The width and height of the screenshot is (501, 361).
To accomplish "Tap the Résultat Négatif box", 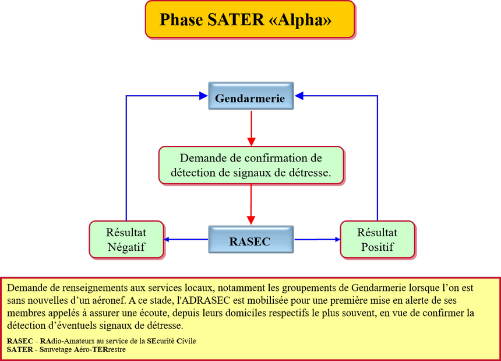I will [x=126, y=239].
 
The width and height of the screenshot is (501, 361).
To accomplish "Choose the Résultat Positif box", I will [x=377, y=239].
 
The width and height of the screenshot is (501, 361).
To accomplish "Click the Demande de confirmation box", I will [x=250, y=166].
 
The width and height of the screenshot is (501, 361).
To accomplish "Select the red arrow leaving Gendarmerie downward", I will [x=251, y=125].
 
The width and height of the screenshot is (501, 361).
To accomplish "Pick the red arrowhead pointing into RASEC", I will [x=251, y=219].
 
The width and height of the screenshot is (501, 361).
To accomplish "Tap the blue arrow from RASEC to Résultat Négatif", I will [x=186, y=239].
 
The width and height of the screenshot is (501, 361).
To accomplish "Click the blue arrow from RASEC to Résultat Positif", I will [x=316, y=239].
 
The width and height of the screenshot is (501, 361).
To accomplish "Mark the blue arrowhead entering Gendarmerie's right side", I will [x=298, y=95].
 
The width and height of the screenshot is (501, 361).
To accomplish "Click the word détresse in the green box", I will [x=312, y=173].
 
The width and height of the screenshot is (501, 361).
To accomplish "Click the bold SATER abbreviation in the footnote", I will [x=20, y=349].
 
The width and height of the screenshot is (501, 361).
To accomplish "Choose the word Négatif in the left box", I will [x=126, y=247].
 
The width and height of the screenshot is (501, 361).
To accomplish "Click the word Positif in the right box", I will [x=377, y=247].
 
